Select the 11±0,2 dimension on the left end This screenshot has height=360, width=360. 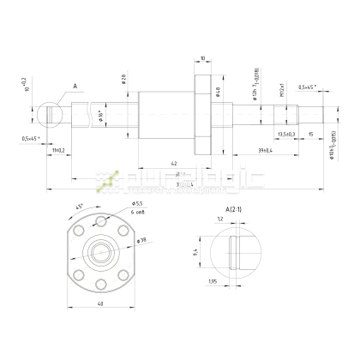click(x=57, y=150)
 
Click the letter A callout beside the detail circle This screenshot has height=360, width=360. click(x=75, y=86)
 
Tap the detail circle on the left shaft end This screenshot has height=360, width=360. click(x=52, y=113)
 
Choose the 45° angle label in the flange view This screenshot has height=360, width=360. click(x=81, y=206)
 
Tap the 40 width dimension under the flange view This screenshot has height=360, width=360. click(x=100, y=303)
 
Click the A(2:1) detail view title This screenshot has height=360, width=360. click(x=231, y=208)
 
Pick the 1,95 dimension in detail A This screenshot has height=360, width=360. click(x=211, y=280)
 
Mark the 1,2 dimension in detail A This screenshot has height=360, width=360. click(x=220, y=219)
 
